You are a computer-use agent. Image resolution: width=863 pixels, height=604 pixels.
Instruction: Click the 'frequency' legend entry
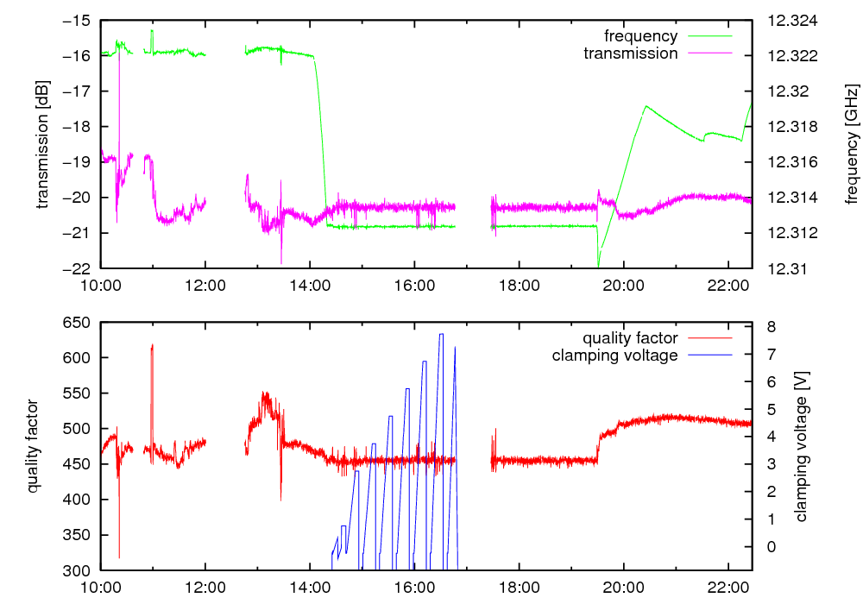pyautogui.click(x=640, y=36)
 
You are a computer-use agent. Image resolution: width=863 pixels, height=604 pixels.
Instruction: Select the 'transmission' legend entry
pyautogui.click(x=630, y=53)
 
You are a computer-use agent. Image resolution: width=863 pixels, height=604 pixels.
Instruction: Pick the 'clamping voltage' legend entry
pyautogui.click(x=614, y=355)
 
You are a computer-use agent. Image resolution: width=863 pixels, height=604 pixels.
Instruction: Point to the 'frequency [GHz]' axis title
pyautogui.click(x=852, y=144)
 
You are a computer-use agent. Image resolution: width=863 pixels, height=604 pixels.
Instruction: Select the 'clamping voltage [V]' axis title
pyautogui.click(x=803, y=446)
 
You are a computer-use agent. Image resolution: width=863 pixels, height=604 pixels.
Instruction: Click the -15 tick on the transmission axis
pyautogui.click(x=83, y=21)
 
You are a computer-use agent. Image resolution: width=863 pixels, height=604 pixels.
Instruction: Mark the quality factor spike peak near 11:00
pyautogui.click(x=152, y=345)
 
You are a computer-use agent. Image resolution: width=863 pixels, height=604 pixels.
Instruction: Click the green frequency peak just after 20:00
pyautogui.click(x=646, y=106)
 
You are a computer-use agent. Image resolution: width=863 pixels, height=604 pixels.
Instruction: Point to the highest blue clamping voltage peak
pyautogui.click(x=441, y=334)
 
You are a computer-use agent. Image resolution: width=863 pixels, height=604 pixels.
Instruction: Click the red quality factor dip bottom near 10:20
pyautogui.click(x=119, y=557)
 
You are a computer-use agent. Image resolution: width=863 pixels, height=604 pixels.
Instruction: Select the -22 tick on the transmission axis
pyautogui.click(x=83, y=268)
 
